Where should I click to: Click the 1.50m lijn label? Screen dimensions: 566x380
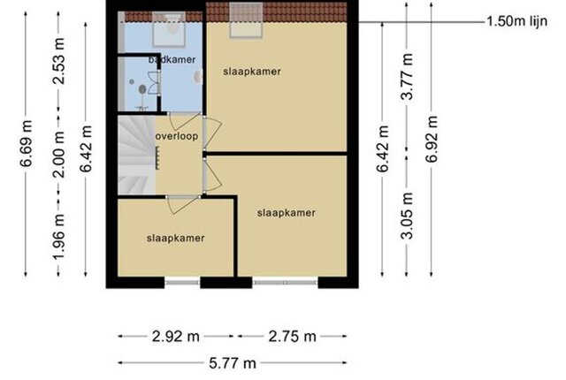tap(516, 21)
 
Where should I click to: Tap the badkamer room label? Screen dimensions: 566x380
tap(172, 59)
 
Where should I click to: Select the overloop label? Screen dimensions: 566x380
tap(177, 136)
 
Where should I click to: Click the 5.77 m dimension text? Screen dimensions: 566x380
tap(233, 363)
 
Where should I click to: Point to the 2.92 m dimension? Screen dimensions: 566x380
tap(176, 337)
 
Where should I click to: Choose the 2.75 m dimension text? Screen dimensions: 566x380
tap(293, 337)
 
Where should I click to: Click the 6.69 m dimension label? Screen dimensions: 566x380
tap(27, 143)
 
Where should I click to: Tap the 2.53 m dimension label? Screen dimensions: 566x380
tap(59, 61)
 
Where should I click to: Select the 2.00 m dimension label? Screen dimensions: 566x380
tap(59, 155)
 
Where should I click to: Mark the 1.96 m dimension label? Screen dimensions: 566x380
tap(59, 236)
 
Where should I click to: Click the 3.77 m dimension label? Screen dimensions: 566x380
tap(407, 76)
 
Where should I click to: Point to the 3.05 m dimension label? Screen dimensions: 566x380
tap(407, 216)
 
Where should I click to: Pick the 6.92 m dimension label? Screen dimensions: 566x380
tap(432, 140)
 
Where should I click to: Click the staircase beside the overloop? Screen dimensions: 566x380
tap(136, 155)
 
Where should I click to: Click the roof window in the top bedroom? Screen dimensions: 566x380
tap(246, 19)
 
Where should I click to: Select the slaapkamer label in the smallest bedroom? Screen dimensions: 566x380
tap(176, 238)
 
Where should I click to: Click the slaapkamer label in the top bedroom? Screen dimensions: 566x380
tap(252, 72)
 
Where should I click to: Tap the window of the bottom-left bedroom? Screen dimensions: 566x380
tap(182, 283)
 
